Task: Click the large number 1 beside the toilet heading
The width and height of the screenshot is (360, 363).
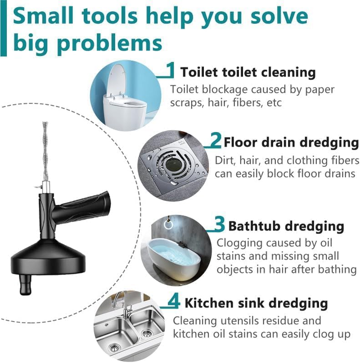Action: (170, 70)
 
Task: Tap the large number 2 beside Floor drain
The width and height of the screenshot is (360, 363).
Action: (216, 141)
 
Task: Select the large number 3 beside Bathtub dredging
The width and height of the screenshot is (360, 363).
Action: (219, 224)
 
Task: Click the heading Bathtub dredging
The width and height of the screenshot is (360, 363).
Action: (286, 225)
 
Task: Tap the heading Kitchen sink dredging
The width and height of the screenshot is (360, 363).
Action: (256, 303)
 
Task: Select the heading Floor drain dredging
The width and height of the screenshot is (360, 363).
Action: (291, 143)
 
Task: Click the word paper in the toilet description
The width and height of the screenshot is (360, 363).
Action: (320, 89)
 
